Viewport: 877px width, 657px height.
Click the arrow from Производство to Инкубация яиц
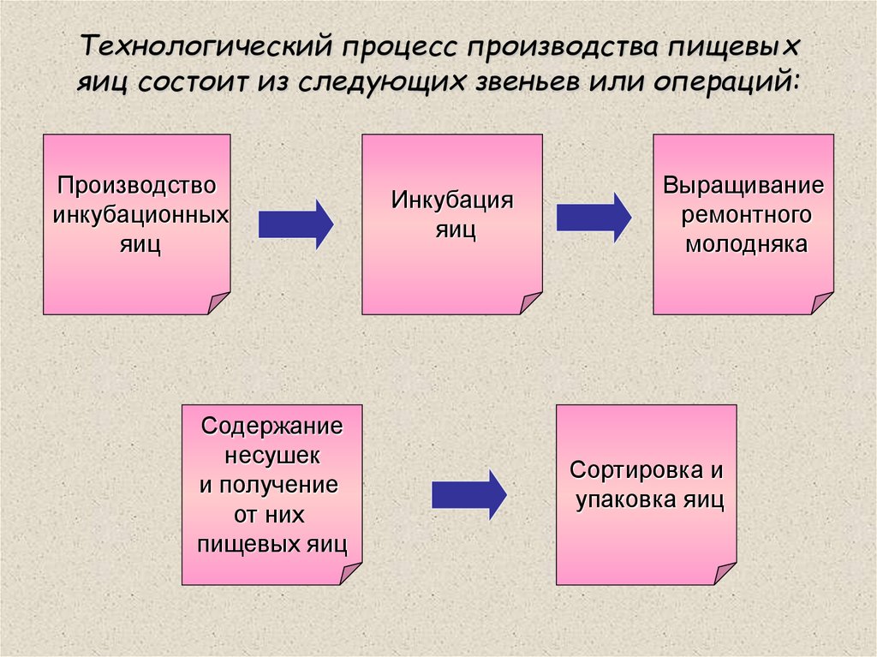(x=295, y=224)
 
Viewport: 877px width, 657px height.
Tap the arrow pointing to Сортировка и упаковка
(x=468, y=494)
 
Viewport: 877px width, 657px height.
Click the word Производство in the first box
(x=137, y=185)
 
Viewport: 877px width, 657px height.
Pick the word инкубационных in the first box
(x=140, y=214)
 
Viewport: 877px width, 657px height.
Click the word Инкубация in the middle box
(x=452, y=200)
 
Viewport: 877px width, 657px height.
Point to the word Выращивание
(x=743, y=185)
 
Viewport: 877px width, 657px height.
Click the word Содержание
(x=271, y=426)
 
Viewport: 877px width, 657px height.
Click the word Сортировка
(x=629, y=470)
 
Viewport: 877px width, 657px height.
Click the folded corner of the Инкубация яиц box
(x=531, y=302)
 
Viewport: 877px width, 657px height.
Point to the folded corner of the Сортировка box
(x=725, y=573)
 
